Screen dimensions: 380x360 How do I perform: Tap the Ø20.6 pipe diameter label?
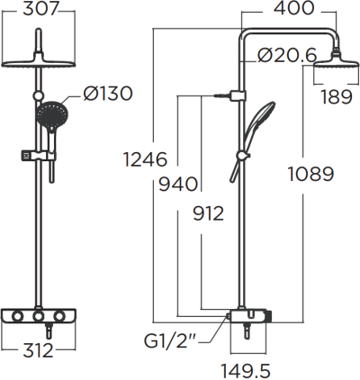(x=286, y=55)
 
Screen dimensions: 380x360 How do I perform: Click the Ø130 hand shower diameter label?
(x=109, y=94)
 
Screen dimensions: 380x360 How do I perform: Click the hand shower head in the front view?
(x=50, y=114)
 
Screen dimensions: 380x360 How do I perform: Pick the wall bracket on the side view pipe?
(x=238, y=95)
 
